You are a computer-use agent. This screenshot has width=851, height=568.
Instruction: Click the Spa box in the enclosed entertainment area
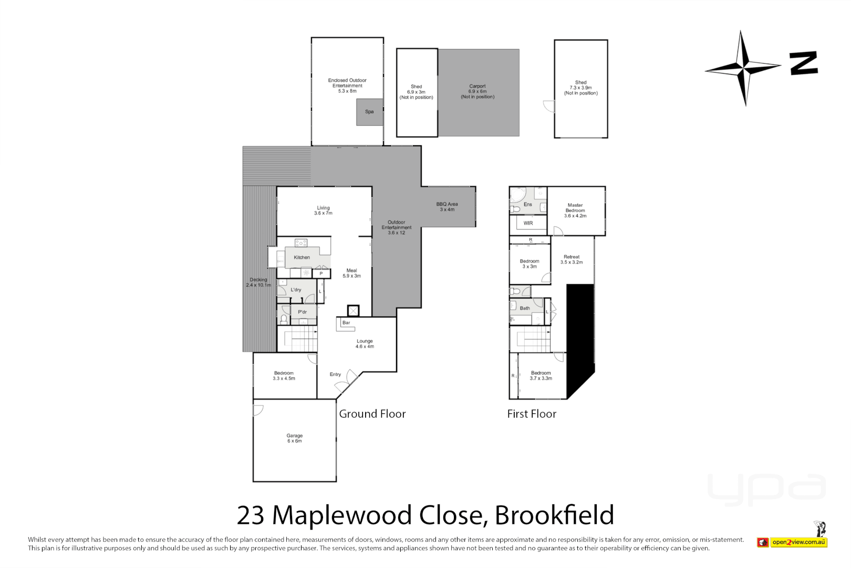369,112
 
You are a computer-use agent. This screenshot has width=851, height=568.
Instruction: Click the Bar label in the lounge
346,322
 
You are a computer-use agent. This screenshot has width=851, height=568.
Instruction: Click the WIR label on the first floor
528,223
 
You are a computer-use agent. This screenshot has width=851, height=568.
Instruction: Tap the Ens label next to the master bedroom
528,205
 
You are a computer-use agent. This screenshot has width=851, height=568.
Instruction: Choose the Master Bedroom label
575,210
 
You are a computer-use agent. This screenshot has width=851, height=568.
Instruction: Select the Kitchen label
302,257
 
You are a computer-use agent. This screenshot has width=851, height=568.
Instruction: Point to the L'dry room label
296,290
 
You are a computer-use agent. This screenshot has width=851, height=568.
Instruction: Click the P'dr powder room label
303,312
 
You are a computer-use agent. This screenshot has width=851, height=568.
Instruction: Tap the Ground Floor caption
372,414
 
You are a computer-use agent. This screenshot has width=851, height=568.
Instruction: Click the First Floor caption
532,414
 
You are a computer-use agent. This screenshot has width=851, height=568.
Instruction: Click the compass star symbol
743,68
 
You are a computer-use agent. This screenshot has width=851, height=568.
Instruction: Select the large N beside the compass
804,63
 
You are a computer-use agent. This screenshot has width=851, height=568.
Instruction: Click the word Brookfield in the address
554,515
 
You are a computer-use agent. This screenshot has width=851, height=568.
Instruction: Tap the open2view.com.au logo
798,542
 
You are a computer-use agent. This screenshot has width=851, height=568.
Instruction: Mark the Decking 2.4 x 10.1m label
258,282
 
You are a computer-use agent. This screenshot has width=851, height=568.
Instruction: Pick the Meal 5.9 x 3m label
351,273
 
